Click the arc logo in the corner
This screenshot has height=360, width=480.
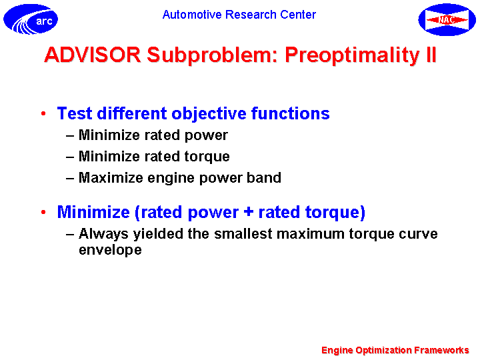(x=31, y=19)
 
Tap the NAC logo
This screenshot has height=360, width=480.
(x=447, y=19)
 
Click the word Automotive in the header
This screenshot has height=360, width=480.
(x=192, y=15)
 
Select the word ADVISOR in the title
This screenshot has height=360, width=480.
(x=93, y=55)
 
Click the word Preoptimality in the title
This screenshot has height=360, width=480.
(x=352, y=56)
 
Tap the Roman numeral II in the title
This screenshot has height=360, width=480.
(x=431, y=55)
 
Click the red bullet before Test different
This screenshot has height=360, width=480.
(x=43, y=113)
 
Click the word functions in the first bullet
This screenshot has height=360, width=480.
(x=291, y=113)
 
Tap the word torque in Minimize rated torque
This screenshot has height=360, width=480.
(x=207, y=157)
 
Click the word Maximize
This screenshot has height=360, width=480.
(x=111, y=177)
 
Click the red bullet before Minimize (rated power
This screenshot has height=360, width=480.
(x=43, y=212)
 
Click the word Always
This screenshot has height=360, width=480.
(x=103, y=234)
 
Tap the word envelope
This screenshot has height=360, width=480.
(x=110, y=251)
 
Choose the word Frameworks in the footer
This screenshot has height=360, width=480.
(x=441, y=350)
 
